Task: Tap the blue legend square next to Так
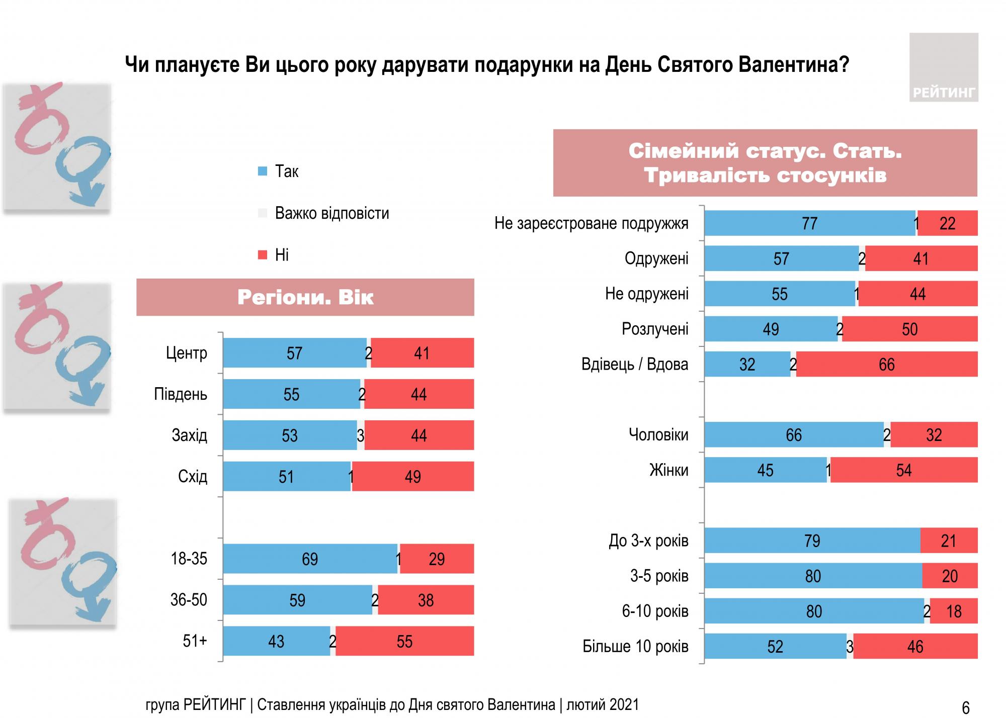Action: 262,171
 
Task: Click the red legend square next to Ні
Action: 262,255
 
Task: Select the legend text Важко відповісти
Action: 332,213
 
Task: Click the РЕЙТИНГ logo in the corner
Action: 943,67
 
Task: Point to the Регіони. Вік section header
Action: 305,297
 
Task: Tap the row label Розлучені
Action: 655,329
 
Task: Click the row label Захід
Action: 189,435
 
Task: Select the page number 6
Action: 965,707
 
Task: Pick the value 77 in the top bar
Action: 809,223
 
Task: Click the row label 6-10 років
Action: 655,611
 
